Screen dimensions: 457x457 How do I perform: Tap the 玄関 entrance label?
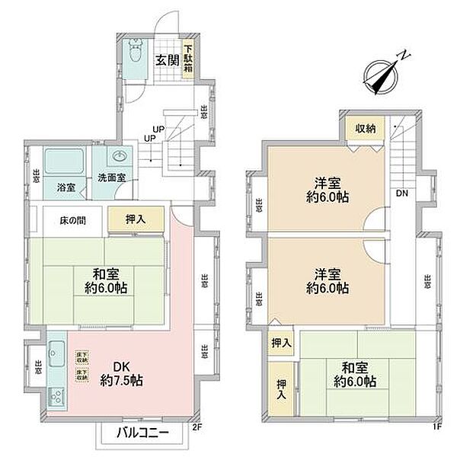click(168, 60)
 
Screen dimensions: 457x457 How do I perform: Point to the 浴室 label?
click(65, 186)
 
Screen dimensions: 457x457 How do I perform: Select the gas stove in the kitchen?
click(56, 396)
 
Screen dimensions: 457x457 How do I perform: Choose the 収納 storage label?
click(365, 128)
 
